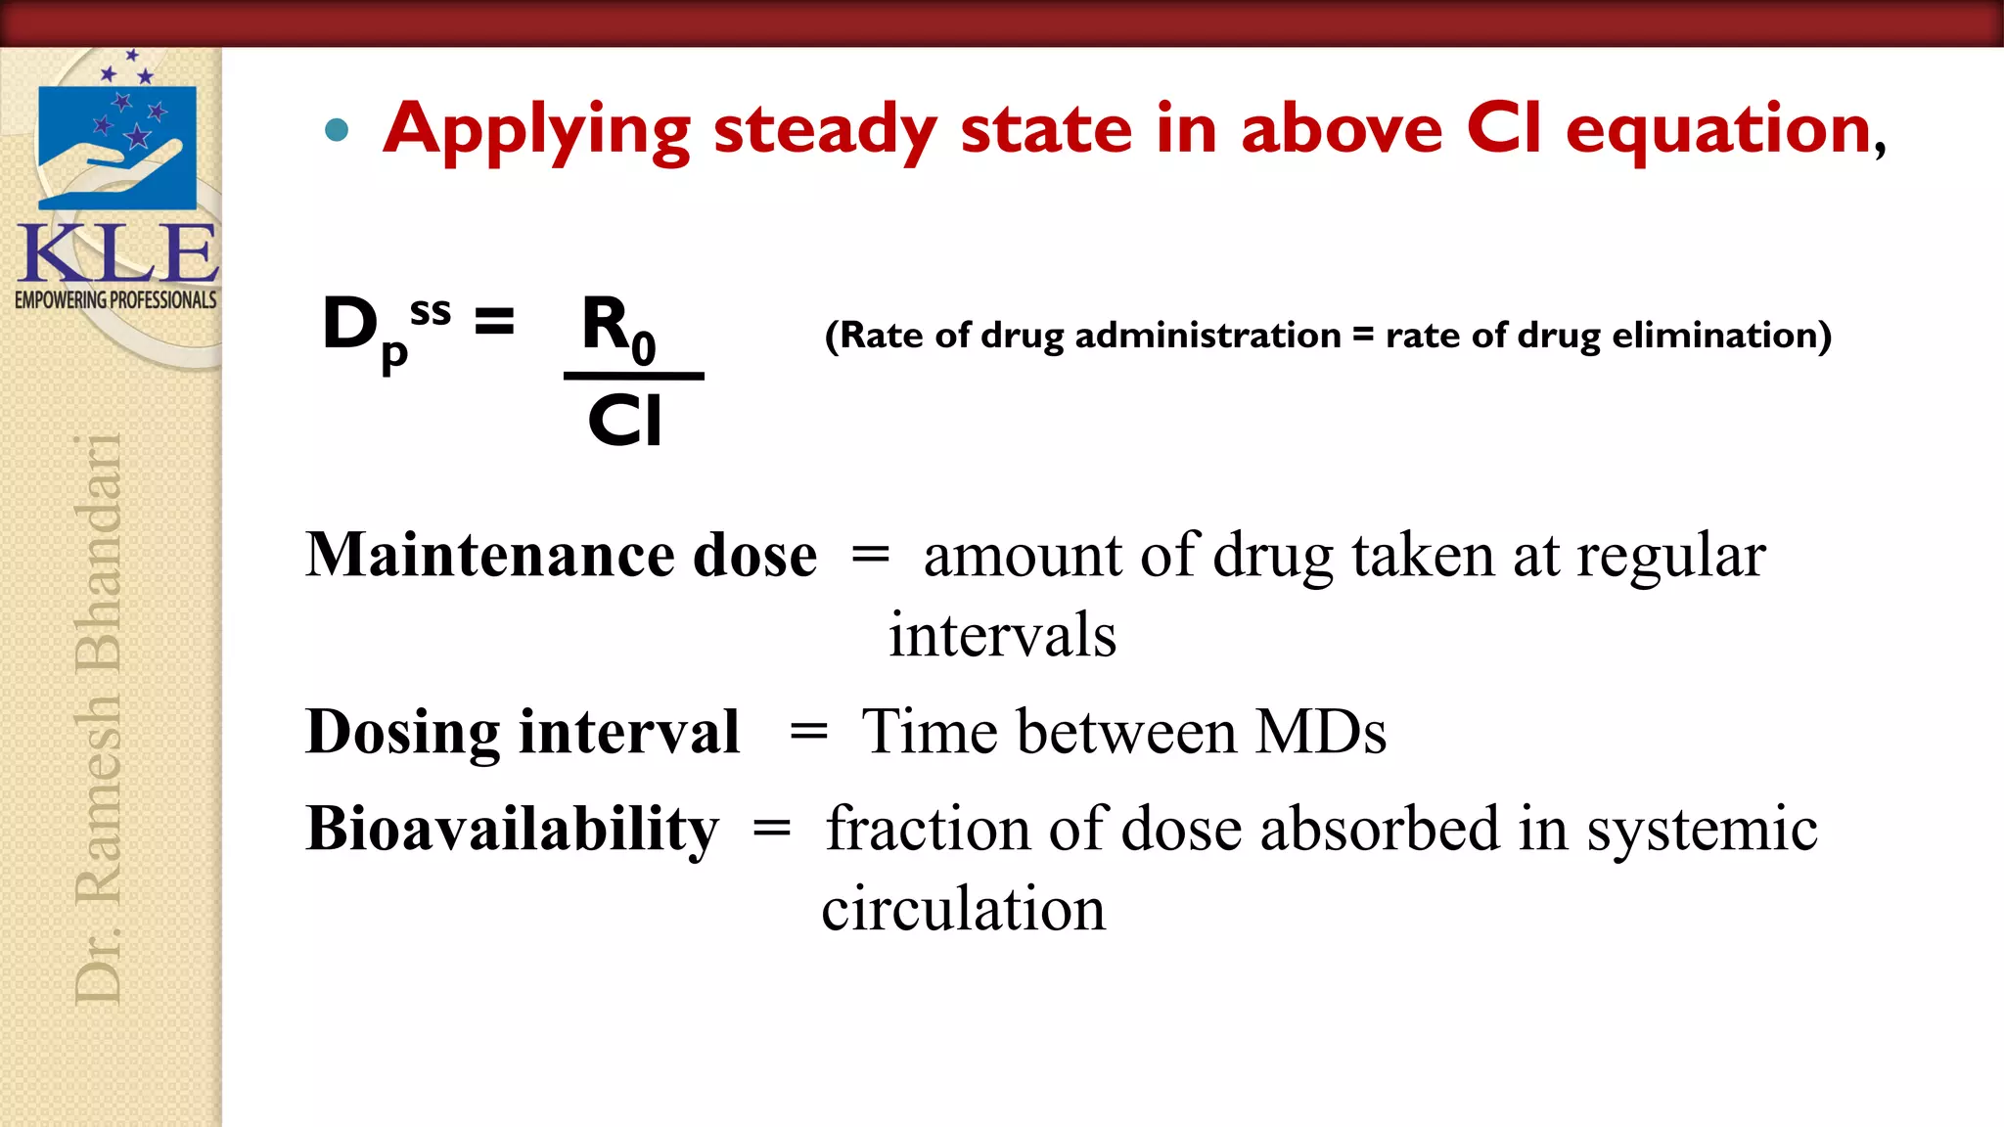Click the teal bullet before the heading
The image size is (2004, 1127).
pos(337,130)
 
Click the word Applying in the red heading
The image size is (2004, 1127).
pos(536,130)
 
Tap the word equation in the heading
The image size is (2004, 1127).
pos(1718,130)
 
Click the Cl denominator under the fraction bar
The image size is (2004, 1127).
pos(625,421)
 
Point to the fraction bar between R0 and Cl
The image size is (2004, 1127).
pos(634,376)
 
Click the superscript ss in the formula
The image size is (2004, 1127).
pos(431,311)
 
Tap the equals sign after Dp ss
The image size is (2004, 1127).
pos(494,321)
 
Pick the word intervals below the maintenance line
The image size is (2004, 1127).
pos(1002,635)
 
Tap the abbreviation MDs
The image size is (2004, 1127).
pos(1321,732)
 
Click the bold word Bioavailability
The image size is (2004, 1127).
pos(512,830)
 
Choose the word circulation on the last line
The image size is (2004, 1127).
pos(963,909)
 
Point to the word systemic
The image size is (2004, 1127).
pos(1702,830)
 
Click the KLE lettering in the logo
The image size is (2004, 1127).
pos(117,254)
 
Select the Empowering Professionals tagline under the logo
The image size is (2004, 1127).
pos(115,300)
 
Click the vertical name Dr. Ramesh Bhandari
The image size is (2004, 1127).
pos(99,719)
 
